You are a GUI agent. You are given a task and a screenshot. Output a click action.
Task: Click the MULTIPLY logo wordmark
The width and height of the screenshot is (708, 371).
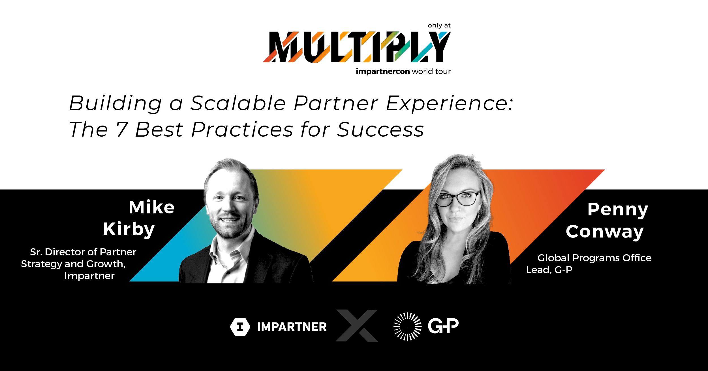point(357,47)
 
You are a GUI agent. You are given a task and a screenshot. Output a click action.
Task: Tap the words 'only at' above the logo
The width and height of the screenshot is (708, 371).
point(439,26)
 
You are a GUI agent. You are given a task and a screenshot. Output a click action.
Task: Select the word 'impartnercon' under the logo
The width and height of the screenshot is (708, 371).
point(383,71)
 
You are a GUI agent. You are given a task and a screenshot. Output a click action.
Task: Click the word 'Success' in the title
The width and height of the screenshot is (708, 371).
point(380,130)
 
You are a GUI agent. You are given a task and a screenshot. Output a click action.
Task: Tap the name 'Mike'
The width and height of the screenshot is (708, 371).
point(151,207)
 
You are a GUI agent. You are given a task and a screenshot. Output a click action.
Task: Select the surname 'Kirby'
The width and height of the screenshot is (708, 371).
point(129,229)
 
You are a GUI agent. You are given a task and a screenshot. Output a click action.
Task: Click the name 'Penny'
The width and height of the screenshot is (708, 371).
point(618,210)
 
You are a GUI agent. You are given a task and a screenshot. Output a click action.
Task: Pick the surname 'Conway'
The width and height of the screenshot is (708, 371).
point(605,232)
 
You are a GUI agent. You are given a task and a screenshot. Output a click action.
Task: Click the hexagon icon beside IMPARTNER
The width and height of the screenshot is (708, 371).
point(240,327)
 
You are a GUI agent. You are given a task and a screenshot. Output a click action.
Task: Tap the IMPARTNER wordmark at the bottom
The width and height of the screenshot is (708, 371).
point(292,327)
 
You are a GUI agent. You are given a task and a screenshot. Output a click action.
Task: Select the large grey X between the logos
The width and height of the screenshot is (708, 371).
point(357,326)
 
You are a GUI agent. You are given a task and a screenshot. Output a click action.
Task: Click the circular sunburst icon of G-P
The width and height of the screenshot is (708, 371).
point(407,326)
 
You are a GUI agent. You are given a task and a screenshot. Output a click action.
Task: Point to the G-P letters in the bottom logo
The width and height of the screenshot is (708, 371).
point(443,326)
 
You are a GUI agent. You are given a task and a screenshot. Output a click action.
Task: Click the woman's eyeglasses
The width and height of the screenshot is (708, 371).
point(458,198)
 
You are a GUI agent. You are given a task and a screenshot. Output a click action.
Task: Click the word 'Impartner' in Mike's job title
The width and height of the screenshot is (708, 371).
point(89,276)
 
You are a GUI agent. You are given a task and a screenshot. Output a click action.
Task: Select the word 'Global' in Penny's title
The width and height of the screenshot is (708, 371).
point(553,258)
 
